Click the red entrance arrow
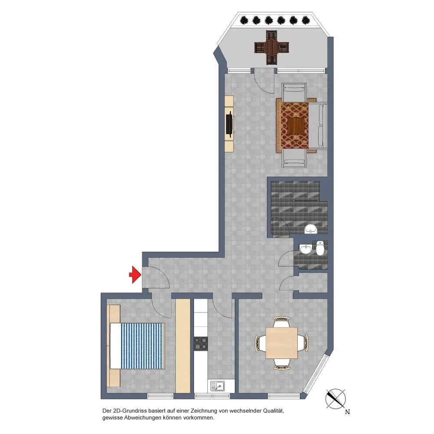(x=135, y=275)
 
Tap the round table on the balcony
(x=272, y=47)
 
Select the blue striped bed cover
(x=143, y=346)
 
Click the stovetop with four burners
(x=201, y=343)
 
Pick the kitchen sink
(x=217, y=385)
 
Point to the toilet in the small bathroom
(x=320, y=248)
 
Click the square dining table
(x=282, y=343)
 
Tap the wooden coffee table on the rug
(x=296, y=126)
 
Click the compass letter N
(x=347, y=412)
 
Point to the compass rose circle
(x=335, y=399)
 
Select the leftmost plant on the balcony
(x=243, y=20)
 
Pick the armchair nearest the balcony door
(x=294, y=92)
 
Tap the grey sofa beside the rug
(x=318, y=126)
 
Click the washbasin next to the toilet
(x=306, y=249)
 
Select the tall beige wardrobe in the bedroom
(x=183, y=346)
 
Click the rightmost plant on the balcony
(x=306, y=20)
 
